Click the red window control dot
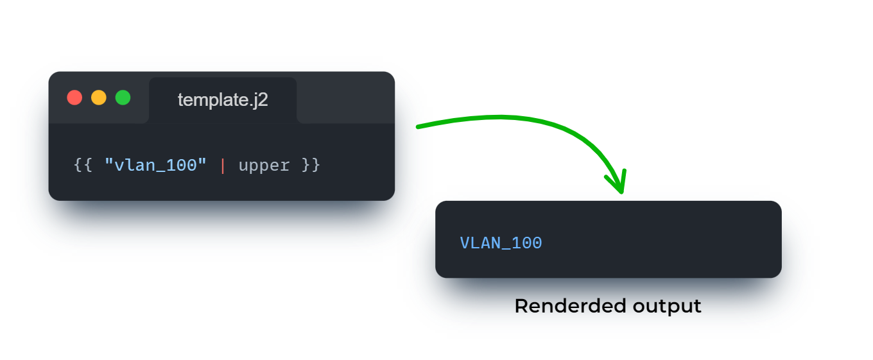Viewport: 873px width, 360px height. coord(74,98)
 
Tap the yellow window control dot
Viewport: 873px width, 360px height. coord(99,98)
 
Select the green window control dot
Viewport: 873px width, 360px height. coord(123,98)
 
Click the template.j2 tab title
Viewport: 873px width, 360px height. coord(222,100)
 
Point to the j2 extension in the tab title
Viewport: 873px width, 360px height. coord(260,101)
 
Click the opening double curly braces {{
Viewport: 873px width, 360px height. coord(83,166)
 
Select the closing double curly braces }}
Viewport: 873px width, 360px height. coord(311,166)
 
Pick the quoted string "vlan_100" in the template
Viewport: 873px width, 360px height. coord(155,166)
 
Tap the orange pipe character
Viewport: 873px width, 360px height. coord(223,166)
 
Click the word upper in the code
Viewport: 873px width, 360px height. coord(264,166)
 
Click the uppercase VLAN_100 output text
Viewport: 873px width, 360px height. coord(501,243)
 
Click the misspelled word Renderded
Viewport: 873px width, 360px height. coord(570,306)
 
